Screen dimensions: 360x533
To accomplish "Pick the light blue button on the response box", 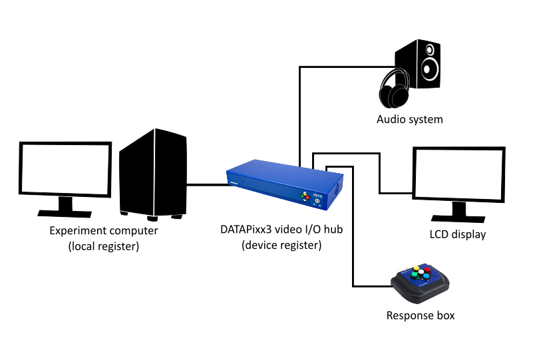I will click(426, 277).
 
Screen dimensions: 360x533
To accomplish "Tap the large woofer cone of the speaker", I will click(430, 69).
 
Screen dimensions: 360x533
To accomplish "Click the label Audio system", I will click(409, 120).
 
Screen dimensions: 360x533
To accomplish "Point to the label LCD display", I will click(457, 234).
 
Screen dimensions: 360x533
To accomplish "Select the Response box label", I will click(421, 315).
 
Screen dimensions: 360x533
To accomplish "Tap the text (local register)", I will click(103, 246).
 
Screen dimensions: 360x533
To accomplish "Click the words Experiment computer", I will click(104, 231).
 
